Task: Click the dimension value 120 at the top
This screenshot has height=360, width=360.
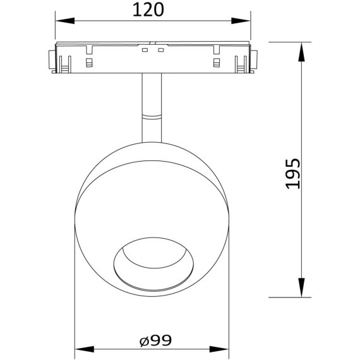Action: tap(152, 10)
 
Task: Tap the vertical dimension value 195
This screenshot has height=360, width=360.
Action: tap(292, 172)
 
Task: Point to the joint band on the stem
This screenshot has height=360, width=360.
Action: tap(152, 116)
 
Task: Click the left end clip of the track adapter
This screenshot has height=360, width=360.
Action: tap(50, 59)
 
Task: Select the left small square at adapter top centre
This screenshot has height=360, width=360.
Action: tap(144, 50)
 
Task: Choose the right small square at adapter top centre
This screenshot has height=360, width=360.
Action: tap(160, 50)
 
